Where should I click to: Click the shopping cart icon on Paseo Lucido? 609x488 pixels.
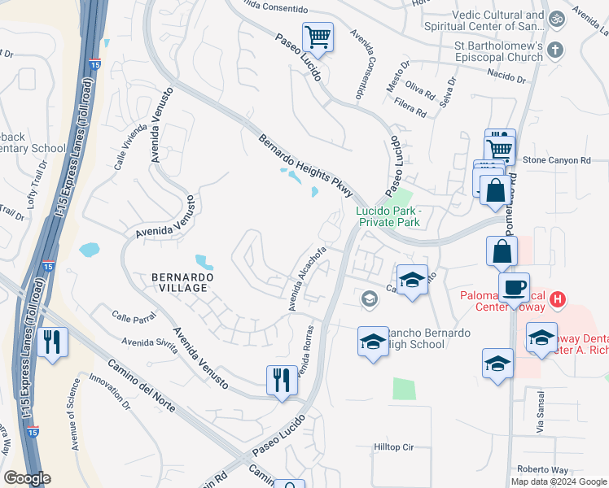(318, 37)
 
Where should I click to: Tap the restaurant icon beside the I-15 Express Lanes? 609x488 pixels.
(52, 341)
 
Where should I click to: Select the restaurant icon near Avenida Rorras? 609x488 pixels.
(282, 380)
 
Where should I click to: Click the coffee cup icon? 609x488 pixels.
(514, 288)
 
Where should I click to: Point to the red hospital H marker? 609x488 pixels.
(558, 299)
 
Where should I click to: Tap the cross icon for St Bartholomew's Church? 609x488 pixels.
(555, 50)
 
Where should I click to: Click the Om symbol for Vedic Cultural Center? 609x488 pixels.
(558, 17)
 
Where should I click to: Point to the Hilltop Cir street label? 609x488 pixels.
(394, 447)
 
